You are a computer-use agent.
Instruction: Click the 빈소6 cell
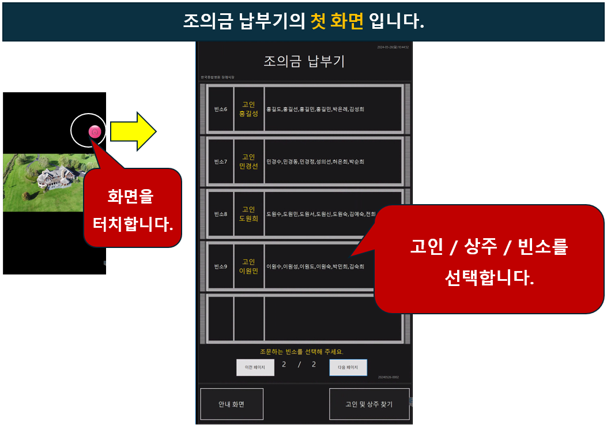coord(220,109)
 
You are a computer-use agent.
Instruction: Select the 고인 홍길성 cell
coord(248,109)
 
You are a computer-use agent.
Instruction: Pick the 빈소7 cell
coord(220,162)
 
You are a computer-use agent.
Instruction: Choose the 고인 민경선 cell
coord(248,162)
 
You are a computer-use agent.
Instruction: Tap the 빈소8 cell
coord(220,214)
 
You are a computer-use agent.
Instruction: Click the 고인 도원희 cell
coord(248,214)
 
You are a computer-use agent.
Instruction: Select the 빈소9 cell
coord(220,266)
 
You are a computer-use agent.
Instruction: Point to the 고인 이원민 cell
coord(248,266)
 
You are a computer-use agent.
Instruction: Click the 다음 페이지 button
coord(348,367)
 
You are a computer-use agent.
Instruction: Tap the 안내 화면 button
coord(232,404)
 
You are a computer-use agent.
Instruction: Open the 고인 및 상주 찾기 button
coord(369,404)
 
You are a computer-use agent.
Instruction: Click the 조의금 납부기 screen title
coord(304,62)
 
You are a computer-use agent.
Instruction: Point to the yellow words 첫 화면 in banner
coord(337,21)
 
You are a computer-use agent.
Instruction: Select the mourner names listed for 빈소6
coord(315,109)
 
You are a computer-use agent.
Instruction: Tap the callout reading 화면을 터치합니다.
coord(132,209)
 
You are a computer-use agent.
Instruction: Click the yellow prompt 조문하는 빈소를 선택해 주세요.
coord(302,352)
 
